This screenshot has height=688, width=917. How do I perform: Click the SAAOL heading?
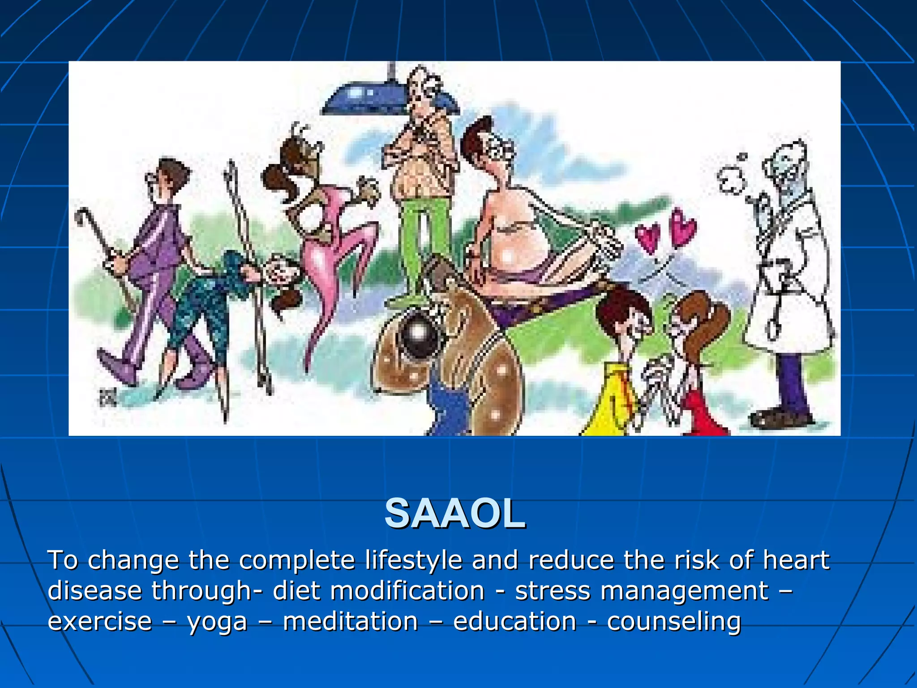click(455, 514)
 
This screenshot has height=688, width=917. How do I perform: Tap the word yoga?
click(217, 622)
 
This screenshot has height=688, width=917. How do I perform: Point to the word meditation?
click(350, 621)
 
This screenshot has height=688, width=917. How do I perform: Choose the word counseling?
click(674, 622)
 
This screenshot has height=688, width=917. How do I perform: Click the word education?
click(514, 621)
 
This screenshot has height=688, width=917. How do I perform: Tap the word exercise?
click(99, 621)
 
